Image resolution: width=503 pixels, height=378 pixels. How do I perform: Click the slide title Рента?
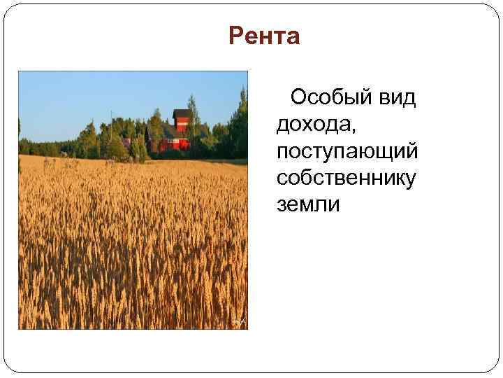[x=264, y=36]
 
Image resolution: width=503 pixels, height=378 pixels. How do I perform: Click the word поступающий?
[x=347, y=151]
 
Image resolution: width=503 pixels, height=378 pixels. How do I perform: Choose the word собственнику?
[x=346, y=178]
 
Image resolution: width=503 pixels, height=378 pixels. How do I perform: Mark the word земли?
[x=307, y=204]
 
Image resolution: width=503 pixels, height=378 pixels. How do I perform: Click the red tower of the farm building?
[x=182, y=125]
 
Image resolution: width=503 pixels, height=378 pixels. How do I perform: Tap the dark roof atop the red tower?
[x=182, y=113]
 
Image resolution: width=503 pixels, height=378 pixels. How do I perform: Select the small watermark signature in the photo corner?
[x=238, y=321]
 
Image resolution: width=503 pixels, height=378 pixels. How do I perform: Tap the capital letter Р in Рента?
[x=235, y=36]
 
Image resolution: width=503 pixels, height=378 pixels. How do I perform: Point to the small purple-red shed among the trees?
[x=126, y=142]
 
